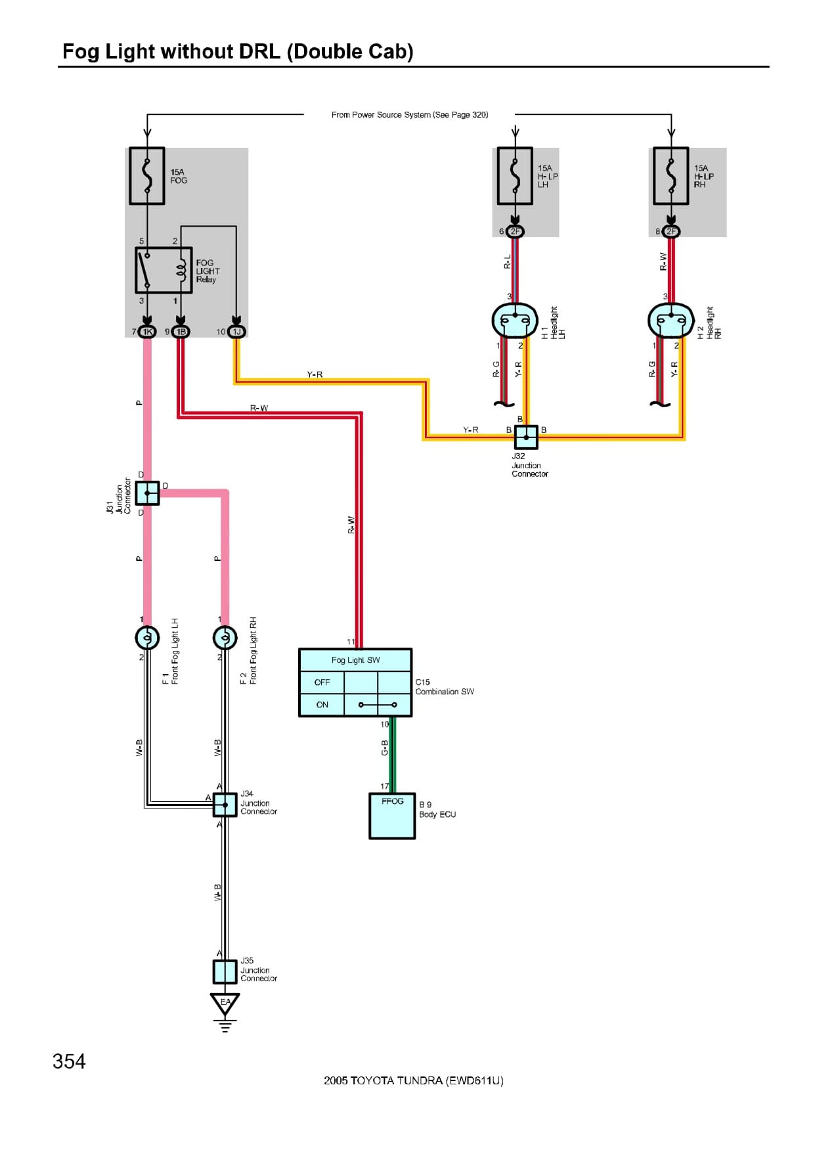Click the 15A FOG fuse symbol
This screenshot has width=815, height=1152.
tap(146, 175)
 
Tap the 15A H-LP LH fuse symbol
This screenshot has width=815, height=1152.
tap(515, 175)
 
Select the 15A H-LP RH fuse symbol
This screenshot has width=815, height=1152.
tap(671, 175)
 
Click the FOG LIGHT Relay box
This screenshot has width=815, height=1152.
tap(164, 270)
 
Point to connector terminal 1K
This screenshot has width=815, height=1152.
tap(148, 332)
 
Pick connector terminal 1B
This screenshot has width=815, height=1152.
tap(181, 332)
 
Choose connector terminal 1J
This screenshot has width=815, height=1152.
tap(236, 332)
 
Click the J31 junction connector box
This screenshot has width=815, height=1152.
tap(147, 493)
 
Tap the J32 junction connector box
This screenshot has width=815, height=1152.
tap(525, 437)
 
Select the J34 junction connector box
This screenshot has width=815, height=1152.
tap(225, 805)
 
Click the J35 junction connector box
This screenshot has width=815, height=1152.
tap(225, 971)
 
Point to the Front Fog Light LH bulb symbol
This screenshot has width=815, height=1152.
tap(147, 637)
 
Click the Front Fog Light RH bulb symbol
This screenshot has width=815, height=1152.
tap(225, 637)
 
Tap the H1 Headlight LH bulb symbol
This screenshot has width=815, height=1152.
tap(515, 321)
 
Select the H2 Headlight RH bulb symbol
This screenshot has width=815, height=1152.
tap(671, 321)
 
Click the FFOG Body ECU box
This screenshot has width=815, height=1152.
tap(392, 816)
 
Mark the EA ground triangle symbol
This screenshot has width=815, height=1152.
tap(225, 1003)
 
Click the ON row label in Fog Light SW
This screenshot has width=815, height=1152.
tap(322, 705)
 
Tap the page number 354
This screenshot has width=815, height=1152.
tap(69, 1061)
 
